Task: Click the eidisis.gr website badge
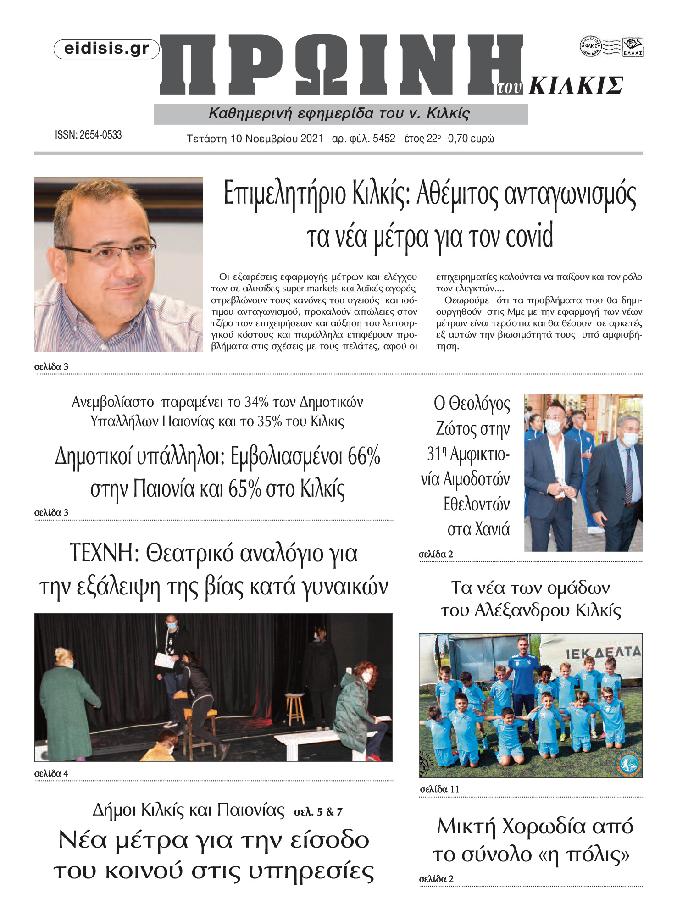coord(106,49)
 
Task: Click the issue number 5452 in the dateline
coord(384,139)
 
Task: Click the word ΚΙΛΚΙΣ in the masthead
coord(576,86)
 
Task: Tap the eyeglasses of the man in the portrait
coord(108,251)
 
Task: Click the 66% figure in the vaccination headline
coord(364,457)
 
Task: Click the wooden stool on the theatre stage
coord(295,708)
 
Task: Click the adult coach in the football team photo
coord(523,674)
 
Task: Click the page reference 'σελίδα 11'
coord(439,789)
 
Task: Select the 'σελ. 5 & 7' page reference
coord(318,812)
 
